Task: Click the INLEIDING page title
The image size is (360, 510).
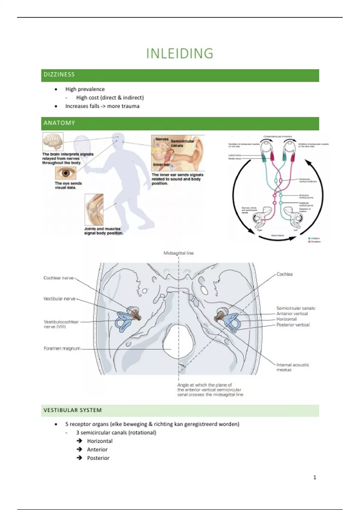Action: (180, 54)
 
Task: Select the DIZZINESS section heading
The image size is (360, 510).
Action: (59, 75)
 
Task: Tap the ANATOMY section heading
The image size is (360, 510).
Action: (59, 123)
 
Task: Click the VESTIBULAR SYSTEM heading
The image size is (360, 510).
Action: (73, 410)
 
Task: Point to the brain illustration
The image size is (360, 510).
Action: (53, 142)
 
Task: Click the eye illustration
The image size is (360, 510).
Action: (65, 173)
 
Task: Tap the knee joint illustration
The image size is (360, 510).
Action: (94, 209)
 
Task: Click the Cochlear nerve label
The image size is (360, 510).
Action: (58, 278)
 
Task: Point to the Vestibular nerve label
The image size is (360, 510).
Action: (59, 299)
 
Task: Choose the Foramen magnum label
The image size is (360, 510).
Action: (62, 349)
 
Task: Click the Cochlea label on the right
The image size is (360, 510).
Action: (284, 274)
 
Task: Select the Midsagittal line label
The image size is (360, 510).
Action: (178, 253)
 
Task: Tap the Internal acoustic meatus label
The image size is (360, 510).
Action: (292, 367)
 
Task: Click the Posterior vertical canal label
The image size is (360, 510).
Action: (293, 325)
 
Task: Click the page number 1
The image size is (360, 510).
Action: (315, 477)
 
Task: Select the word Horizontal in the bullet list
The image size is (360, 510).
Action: (100, 441)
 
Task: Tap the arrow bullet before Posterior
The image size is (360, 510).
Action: (79, 458)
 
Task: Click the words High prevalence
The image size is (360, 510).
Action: (85, 89)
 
